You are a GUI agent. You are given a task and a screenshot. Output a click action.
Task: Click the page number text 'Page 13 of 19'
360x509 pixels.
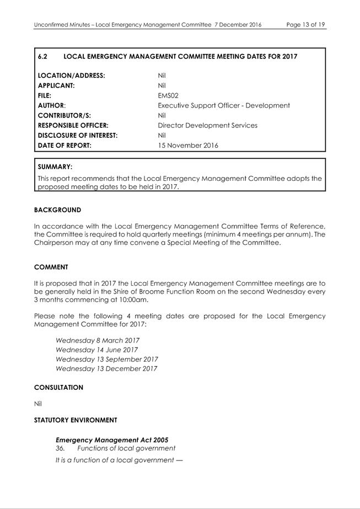point(305,25)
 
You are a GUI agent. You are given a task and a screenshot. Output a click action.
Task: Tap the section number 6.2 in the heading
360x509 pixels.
point(43,56)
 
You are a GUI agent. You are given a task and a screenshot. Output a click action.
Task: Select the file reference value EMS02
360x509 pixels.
point(168,95)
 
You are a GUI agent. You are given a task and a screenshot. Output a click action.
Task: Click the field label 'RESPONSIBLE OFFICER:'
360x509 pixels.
point(73,125)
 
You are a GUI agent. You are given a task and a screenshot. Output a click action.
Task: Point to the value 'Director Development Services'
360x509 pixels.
point(207,125)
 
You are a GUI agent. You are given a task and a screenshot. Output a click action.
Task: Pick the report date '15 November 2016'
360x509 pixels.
point(187,146)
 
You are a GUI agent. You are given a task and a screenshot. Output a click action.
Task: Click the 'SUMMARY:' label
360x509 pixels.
point(55,167)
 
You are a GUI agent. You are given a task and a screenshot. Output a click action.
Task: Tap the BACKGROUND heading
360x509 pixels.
point(57,210)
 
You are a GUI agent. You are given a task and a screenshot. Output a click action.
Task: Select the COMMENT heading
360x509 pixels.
point(51,267)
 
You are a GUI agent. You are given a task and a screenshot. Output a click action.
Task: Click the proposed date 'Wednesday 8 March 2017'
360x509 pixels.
point(97,340)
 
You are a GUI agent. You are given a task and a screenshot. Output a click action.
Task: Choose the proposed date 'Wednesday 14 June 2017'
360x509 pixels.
point(96,350)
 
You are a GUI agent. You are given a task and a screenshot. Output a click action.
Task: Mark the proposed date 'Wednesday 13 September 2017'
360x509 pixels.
point(106,359)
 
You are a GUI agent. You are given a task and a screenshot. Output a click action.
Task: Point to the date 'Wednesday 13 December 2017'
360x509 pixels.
point(106,368)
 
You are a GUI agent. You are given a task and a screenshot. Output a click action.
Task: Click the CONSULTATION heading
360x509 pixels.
point(58,388)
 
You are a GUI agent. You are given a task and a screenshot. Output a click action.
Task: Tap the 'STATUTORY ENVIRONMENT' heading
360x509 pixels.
point(76,420)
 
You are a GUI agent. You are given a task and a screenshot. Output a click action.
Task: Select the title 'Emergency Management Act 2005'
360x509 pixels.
point(112,440)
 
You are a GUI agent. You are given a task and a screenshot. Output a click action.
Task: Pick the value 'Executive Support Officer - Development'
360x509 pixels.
point(223,105)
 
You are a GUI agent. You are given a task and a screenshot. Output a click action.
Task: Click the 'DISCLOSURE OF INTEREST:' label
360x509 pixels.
point(78,135)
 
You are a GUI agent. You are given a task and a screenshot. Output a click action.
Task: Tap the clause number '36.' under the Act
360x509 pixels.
point(60,448)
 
